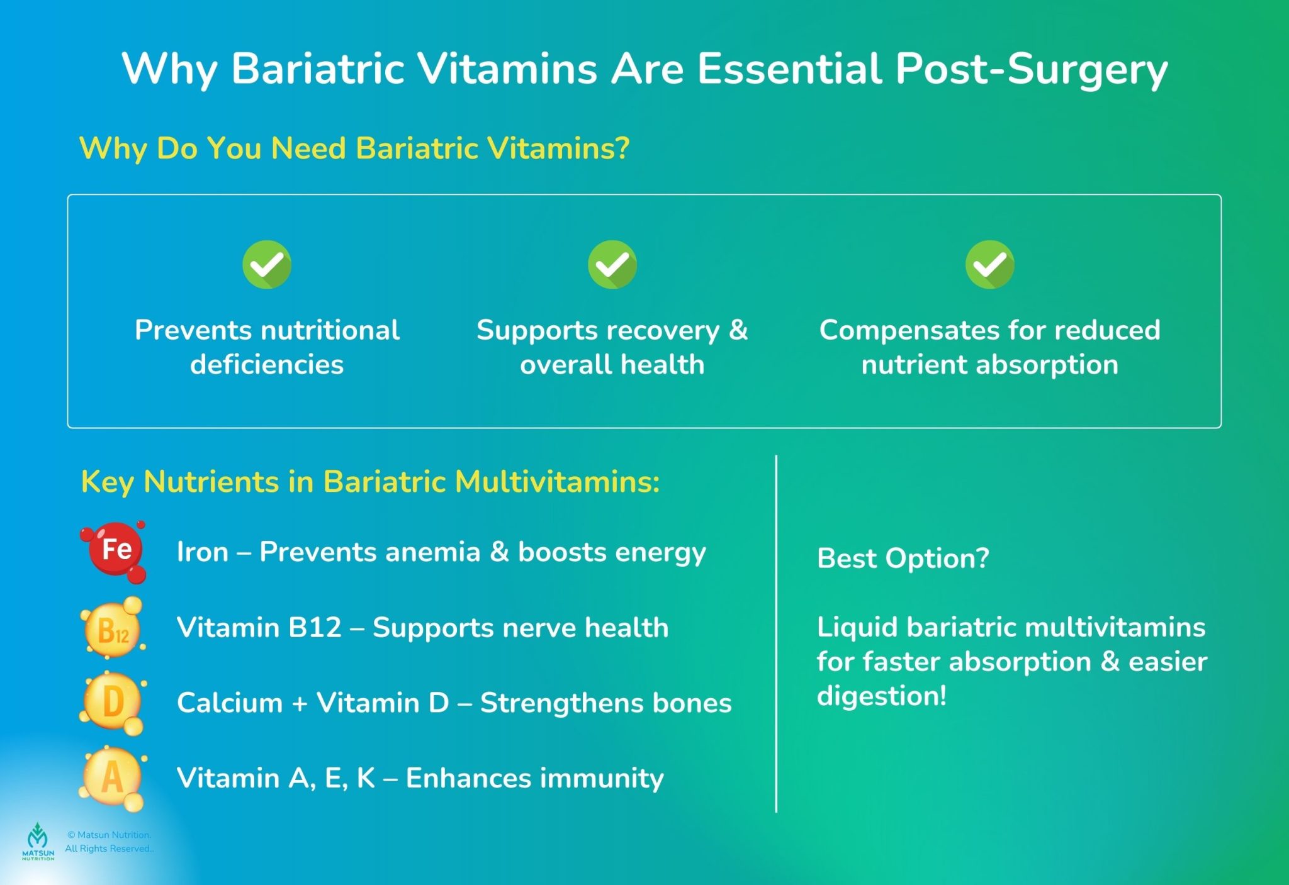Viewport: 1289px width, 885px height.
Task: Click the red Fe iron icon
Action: pyautogui.click(x=115, y=550)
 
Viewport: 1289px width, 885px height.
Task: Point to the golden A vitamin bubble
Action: pyautogui.click(x=112, y=778)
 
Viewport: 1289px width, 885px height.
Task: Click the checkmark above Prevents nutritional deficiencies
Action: pyautogui.click(x=267, y=264)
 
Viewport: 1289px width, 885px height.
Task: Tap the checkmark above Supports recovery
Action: pyautogui.click(x=612, y=264)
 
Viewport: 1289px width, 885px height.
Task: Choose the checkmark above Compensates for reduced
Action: pyautogui.click(x=989, y=264)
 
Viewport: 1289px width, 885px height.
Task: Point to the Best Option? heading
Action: pyautogui.click(x=903, y=558)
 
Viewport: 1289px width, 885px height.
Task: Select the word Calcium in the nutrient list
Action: pyautogui.click(x=230, y=703)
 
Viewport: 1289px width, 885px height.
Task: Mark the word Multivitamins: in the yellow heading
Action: pyautogui.click(x=557, y=482)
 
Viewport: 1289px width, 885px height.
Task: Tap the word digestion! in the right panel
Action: pyautogui.click(x=881, y=696)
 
